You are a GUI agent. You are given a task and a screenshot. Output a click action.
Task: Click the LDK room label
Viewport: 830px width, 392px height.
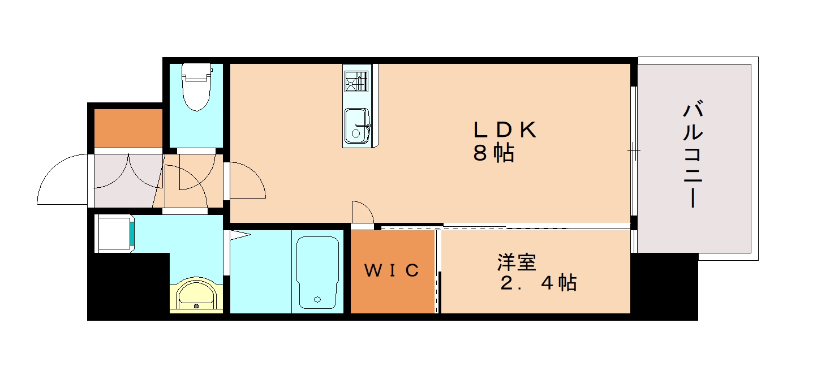tap(505, 130)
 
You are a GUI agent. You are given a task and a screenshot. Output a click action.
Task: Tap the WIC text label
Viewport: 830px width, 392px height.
tap(392, 271)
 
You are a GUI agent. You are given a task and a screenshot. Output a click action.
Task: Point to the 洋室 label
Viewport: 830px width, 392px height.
tap(517, 262)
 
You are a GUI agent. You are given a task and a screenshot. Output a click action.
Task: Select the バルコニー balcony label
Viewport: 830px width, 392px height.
tap(693, 154)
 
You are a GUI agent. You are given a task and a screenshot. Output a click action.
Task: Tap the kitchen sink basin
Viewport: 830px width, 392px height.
tap(356, 126)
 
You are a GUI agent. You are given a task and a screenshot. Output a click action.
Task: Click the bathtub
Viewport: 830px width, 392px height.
tap(317, 272)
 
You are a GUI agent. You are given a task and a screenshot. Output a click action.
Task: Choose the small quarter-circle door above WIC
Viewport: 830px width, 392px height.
tap(362, 213)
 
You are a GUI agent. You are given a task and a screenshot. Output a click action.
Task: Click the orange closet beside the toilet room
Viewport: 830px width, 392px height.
tap(128, 128)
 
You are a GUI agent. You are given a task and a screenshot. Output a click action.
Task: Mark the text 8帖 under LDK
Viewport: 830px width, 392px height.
tap(494, 153)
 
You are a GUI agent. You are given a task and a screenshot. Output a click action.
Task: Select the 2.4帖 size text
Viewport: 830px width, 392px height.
tap(538, 282)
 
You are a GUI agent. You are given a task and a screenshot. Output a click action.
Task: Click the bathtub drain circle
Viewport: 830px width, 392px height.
tap(317, 299)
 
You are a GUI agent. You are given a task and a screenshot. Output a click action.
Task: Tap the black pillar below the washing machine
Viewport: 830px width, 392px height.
tap(128, 286)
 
